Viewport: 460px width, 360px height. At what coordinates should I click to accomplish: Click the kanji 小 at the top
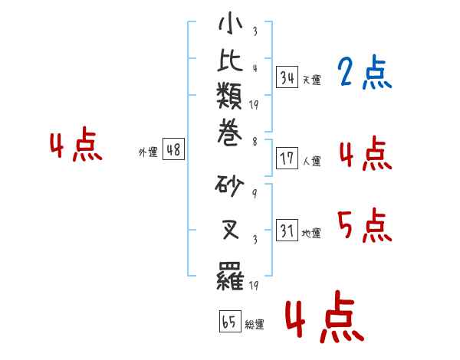230,23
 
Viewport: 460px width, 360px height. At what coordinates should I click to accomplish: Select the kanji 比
230,61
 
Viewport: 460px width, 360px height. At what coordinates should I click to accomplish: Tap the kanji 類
229,96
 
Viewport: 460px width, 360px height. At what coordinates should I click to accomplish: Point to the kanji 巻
230,133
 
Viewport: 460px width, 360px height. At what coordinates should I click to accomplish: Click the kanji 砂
229,186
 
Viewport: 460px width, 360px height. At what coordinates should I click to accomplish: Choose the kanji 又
230,229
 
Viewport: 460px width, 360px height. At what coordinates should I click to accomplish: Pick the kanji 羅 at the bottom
230,276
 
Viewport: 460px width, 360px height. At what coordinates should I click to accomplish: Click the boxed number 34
287,77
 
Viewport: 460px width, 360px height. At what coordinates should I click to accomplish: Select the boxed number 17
287,158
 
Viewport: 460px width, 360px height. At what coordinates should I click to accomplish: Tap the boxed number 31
287,230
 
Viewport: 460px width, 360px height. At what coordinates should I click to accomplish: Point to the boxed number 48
173,149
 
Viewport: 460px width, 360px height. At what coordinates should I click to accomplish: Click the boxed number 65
230,321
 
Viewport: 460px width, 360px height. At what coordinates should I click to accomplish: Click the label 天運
312,80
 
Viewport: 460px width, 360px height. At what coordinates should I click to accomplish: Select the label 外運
148,152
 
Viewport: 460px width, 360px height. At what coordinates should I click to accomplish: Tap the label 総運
255,324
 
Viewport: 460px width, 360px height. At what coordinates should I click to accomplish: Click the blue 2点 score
364,72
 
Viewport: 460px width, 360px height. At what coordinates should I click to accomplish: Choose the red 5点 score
364,225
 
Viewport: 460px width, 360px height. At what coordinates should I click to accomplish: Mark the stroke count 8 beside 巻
255,142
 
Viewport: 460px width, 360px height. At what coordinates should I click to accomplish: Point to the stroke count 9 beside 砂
255,194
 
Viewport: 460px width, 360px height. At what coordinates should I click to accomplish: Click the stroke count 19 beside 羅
254,285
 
